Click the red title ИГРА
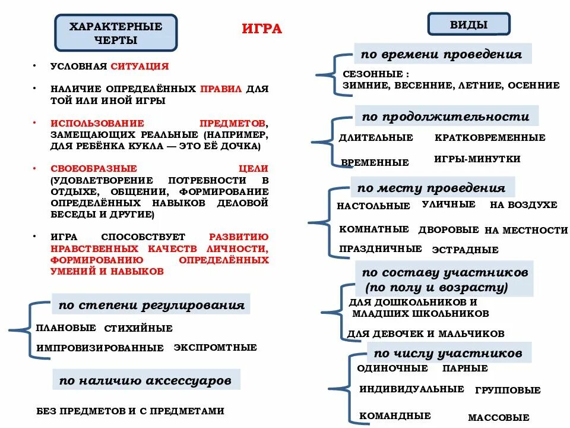tap(262, 29)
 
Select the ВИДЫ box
tap(468, 24)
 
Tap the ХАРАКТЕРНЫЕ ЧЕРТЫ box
tap(115, 33)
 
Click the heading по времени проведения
tap(441, 54)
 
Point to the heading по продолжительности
tap(445, 116)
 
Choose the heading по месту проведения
tap(431, 188)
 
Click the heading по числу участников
tap(448, 353)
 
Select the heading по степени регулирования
tap(151, 305)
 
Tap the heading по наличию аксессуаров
tap(145, 380)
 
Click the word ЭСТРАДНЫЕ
tap(465, 250)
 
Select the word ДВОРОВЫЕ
tap(448, 229)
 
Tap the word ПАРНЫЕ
tap(465, 369)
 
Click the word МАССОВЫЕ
tap(498, 418)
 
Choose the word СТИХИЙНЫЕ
tap(138, 328)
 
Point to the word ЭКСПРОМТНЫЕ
tap(215, 347)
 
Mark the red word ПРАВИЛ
tap(221, 89)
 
